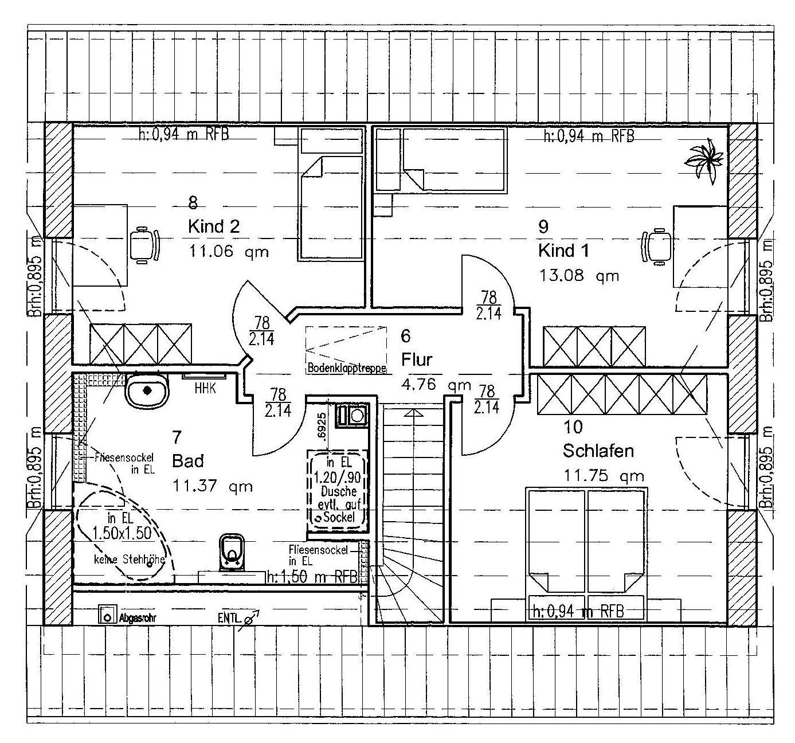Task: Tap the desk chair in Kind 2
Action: tap(144, 246)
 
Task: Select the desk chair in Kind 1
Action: tap(657, 247)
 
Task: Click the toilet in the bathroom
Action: tap(231, 552)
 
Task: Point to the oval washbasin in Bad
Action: tap(147, 392)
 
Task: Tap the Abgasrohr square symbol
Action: tap(107, 616)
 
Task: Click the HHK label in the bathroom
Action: tap(205, 388)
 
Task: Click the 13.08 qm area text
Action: tap(579, 276)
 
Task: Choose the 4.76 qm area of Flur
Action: tap(436, 385)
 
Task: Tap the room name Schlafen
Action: tap(598, 451)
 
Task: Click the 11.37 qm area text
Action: tap(213, 486)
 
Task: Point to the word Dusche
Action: tap(338, 491)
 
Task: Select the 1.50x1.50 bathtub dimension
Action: tap(122, 533)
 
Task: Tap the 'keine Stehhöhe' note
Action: tap(130, 559)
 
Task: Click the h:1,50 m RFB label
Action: tap(312, 576)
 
